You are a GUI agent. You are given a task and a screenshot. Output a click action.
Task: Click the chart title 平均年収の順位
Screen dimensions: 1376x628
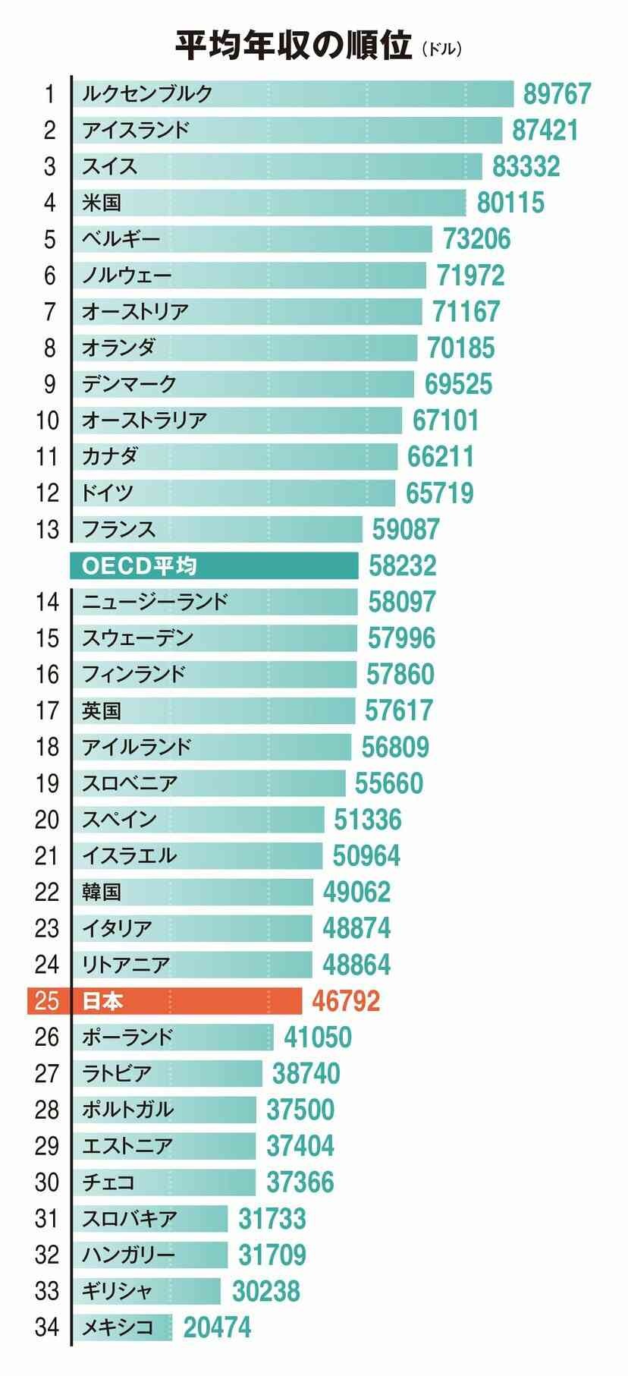[294, 46]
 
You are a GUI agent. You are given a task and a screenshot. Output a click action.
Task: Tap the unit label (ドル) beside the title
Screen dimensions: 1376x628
[441, 50]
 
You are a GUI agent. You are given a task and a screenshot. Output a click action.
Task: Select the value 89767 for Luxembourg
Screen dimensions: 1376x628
[557, 94]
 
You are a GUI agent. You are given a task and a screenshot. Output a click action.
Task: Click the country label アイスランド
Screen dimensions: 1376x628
[135, 130]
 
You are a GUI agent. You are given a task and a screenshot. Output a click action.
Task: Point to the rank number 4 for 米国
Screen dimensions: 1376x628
[50, 203]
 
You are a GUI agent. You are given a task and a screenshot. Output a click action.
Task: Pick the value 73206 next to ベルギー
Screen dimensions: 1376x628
[476, 239]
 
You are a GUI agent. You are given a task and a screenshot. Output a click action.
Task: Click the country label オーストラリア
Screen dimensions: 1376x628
[144, 420]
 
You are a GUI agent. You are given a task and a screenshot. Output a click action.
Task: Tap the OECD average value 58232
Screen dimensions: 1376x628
[403, 566]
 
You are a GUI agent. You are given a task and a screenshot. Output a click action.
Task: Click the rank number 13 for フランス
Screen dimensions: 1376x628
[47, 529]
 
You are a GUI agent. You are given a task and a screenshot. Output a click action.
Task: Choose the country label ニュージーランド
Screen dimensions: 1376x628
[155, 602]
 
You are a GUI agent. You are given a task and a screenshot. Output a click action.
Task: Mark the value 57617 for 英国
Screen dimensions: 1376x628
[399, 711]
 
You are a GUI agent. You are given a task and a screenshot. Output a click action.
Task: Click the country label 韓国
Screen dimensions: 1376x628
[102, 892]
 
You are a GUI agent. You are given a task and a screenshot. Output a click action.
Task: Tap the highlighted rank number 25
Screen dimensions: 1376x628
[47, 1001]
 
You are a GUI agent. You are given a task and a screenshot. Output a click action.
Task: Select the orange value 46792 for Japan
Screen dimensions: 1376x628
[346, 1001]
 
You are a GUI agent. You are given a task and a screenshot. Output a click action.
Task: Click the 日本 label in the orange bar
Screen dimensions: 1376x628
[102, 1001]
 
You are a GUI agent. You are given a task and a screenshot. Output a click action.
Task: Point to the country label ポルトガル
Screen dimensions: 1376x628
[128, 1110]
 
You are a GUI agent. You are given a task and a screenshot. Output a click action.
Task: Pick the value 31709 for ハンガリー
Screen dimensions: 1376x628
[272, 1255]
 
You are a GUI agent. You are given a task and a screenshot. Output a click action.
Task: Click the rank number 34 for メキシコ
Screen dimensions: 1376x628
[47, 1327]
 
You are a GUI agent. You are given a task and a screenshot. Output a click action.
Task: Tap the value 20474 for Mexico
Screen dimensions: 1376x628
[217, 1328]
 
